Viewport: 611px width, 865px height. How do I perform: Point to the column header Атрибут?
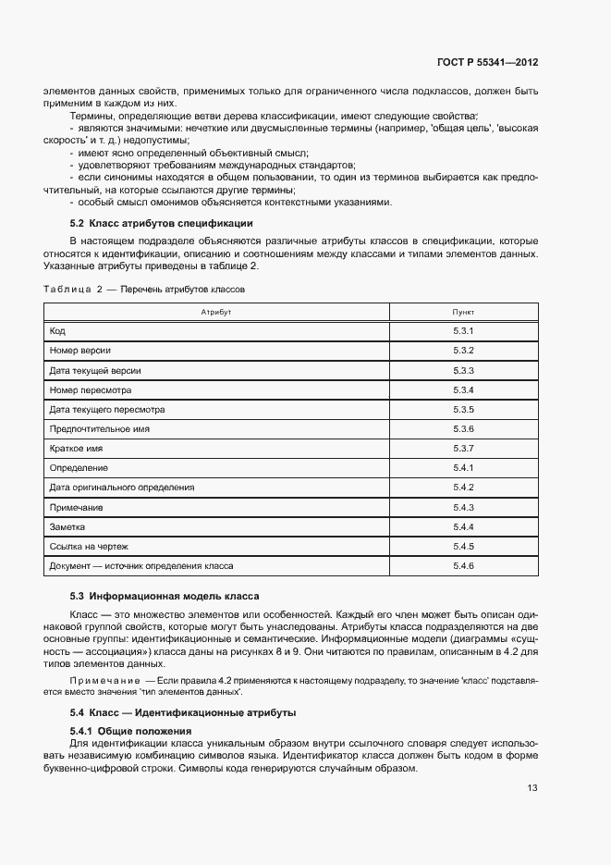click(215, 313)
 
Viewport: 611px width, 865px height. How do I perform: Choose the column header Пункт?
click(463, 313)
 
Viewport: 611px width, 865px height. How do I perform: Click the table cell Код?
click(57, 331)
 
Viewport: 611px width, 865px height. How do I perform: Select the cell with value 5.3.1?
click(463, 331)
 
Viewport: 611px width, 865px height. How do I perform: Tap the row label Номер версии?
click(80, 351)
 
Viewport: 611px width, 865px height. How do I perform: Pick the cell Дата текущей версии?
click(94, 370)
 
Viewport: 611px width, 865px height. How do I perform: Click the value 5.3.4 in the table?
click(463, 389)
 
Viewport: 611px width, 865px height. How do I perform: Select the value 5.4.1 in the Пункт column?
click(463, 468)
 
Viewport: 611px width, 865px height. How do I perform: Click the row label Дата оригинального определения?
click(121, 488)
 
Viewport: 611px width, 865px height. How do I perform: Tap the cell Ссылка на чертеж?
click(90, 546)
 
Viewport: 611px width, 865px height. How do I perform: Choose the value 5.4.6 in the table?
click(463, 565)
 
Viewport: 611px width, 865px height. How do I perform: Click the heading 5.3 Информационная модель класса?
click(165, 596)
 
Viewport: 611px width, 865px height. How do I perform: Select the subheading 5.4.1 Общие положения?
click(130, 731)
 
